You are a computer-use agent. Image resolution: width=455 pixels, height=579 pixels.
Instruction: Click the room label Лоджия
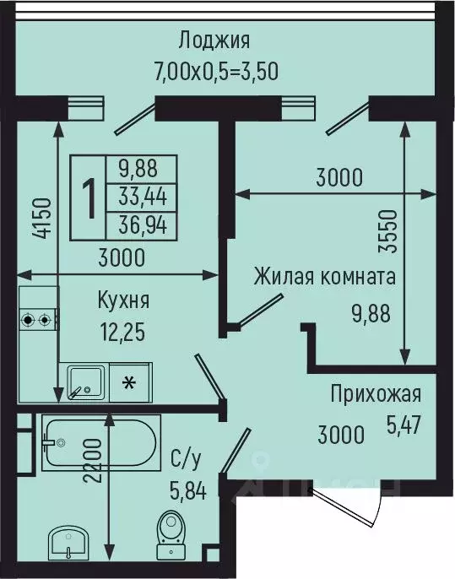tap(214, 40)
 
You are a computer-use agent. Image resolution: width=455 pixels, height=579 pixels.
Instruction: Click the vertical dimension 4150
tap(43, 221)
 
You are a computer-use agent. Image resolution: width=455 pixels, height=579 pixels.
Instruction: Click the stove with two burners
tap(39, 320)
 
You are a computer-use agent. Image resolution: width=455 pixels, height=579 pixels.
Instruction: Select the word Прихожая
tap(376, 394)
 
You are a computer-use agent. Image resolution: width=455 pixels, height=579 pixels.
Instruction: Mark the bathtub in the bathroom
tap(100, 441)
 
